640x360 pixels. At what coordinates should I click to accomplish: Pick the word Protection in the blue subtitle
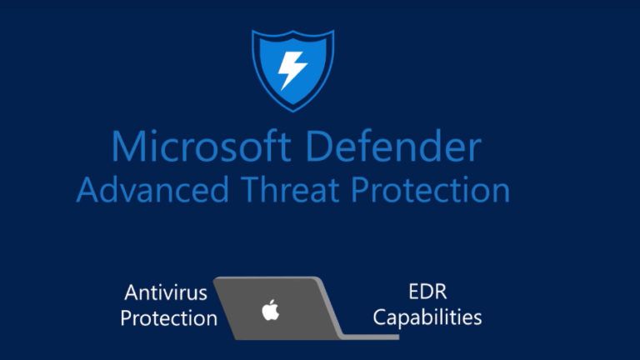click(430, 190)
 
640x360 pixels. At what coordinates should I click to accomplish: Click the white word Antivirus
click(166, 292)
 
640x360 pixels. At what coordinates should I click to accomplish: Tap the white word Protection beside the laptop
click(169, 317)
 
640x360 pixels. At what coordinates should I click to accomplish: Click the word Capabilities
click(427, 317)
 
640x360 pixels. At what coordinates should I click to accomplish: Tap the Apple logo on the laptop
click(270, 311)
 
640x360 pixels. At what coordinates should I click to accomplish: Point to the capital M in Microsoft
click(127, 147)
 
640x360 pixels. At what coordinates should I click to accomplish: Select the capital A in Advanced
click(87, 190)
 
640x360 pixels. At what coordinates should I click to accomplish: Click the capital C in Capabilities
click(379, 317)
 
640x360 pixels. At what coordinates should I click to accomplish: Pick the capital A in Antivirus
click(132, 292)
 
